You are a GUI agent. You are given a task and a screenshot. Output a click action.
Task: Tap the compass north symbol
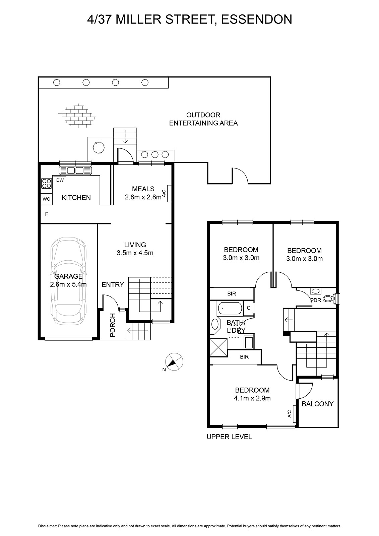pyautogui.click(x=174, y=361)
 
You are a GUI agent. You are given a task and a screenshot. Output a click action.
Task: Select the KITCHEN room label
pyautogui.click(x=76, y=198)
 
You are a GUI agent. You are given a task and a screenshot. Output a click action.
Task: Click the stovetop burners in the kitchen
pyautogui.click(x=47, y=183)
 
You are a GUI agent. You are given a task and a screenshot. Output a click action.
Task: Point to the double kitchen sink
pyautogui.click(x=75, y=171)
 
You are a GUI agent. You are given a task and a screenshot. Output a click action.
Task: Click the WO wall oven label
pyautogui.click(x=47, y=199)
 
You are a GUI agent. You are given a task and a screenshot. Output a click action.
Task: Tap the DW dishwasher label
pyautogui.click(x=60, y=180)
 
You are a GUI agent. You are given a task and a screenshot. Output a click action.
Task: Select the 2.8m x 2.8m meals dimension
pyautogui.click(x=143, y=197)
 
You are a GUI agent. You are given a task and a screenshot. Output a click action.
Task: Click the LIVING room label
pyautogui.click(x=135, y=245)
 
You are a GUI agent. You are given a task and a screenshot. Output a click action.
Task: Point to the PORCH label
pyautogui.click(x=113, y=325)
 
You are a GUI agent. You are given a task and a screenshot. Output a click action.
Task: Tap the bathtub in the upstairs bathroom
pyautogui.click(x=230, y=308)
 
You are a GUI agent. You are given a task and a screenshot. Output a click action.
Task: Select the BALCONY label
pyautogui.click(x=317, y=404)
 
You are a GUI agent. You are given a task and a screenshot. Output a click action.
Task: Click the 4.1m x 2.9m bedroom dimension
pyautogui.click(x=252, y=398)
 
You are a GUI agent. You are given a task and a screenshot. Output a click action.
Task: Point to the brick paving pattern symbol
pyautogui.click(x=77, y=116)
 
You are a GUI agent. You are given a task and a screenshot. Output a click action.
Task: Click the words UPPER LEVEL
pyautogui.click(x=229, y=437)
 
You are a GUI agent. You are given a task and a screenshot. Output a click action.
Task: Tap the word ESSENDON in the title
pyautogui.click(x=256, y=19)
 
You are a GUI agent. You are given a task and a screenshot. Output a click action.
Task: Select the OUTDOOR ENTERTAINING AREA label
pyautogui.click(x=203, y=119)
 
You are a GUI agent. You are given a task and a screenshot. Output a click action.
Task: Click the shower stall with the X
pyautogui.click(x=218, y=347)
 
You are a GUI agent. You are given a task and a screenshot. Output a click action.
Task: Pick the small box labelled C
pyautogui.click(x=249, y=308)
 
